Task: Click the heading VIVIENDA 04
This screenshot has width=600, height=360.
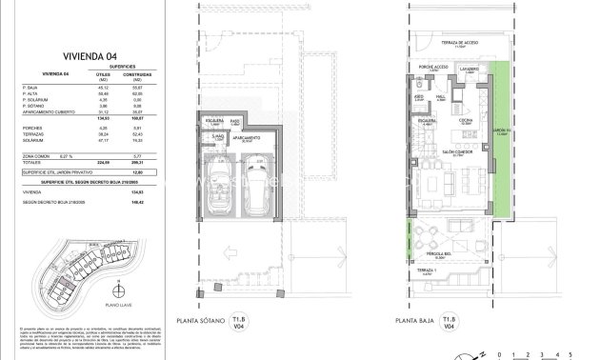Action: (x=87, y=55)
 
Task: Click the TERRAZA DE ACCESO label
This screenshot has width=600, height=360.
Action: (x=459, y=43)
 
